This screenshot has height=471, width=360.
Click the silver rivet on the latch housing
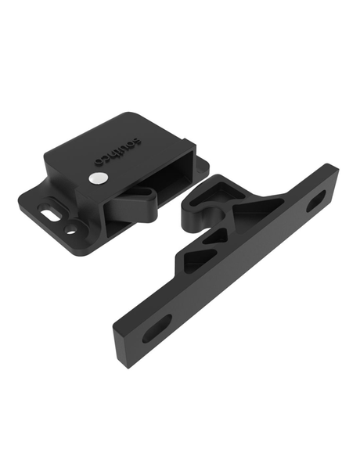tap(96, 178)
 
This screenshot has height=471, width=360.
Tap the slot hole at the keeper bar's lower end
tap(157, 328)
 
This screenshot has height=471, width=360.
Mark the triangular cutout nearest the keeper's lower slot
tap(192, 263)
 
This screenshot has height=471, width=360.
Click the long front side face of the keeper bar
tap(235, 297)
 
